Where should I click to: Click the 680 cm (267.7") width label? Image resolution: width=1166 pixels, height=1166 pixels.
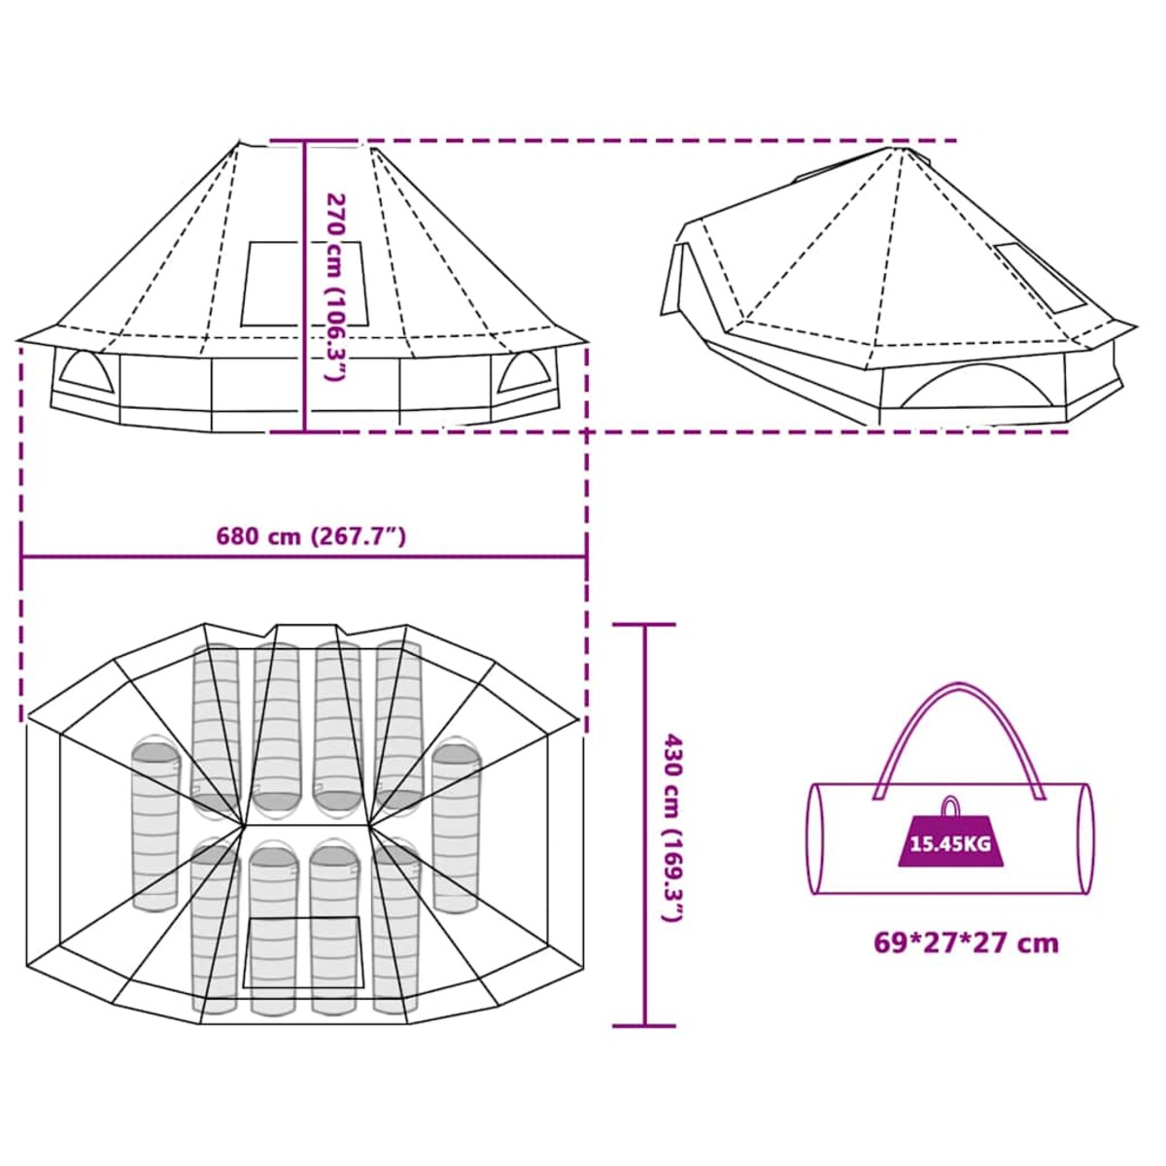pyautogui.click(x=310, y=536)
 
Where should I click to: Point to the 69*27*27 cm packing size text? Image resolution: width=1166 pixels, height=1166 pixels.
pyautogui.click(x=965, y=943)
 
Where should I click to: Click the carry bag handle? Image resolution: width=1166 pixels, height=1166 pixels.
pyautogui.click(x=959, y=719)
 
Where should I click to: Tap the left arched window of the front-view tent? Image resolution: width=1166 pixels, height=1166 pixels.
pyautogui.click(x=86, y=372)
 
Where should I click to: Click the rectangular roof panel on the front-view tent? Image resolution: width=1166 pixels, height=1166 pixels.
pyautogui.click(x=305, y=283)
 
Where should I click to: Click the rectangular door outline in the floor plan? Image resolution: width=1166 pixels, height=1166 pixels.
pyautogui.click(x=303, y=952)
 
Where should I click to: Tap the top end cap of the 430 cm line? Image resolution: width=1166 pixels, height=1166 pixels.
pyautogui.click(x=644, y=625)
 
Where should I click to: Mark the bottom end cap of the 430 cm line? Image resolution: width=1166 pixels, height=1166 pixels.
pyautogui.click(x=644, y=1025)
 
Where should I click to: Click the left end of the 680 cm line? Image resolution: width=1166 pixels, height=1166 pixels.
pyautogui.click(x=22, y=557)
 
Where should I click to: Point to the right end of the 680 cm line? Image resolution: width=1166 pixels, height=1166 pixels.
pyautogui.click(x=586, y=557)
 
